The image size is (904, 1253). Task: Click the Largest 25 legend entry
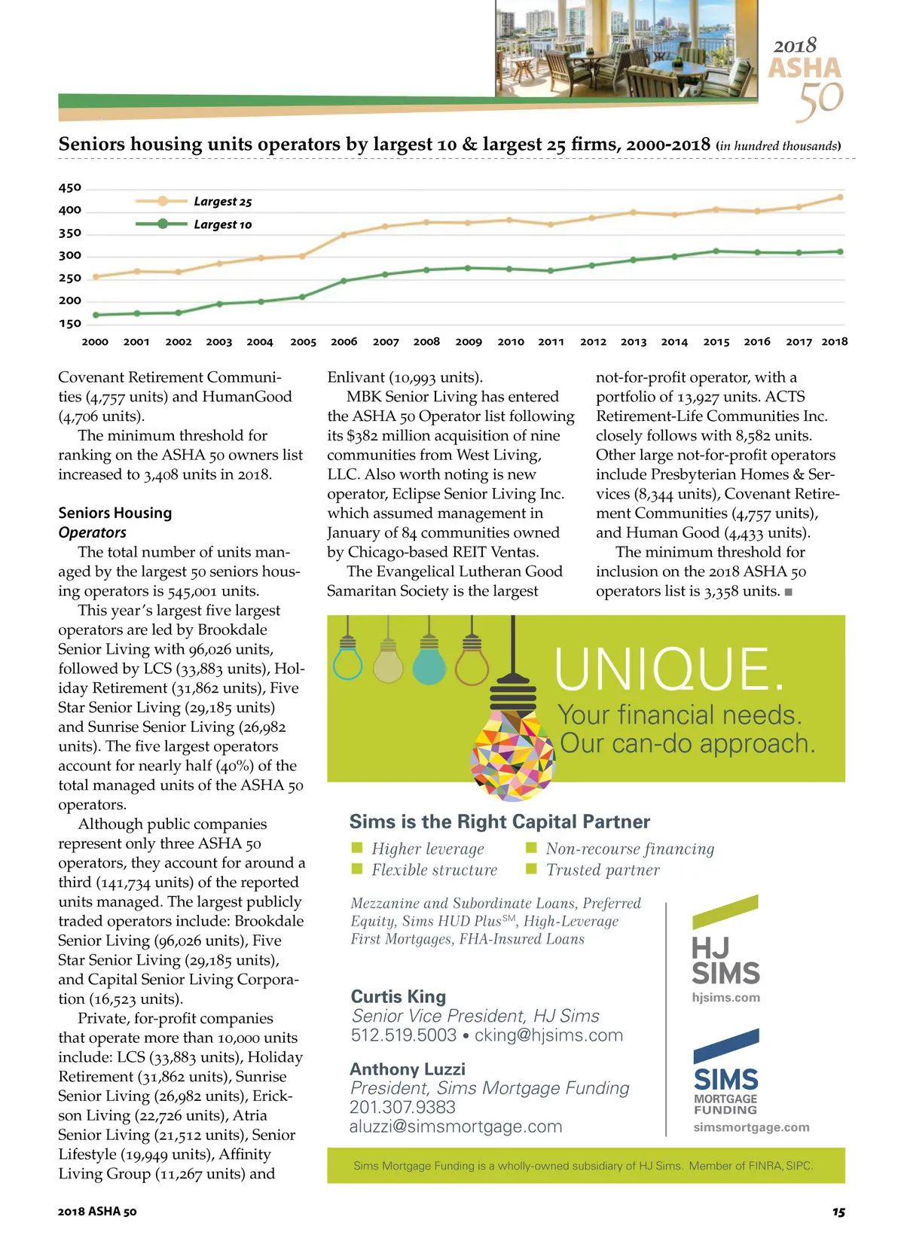(x=222, y=202)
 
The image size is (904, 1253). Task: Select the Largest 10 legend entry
(x=222, y=224)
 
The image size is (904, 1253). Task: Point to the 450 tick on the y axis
(x=70, y=187)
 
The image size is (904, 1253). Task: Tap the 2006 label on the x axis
(x=344, y=342)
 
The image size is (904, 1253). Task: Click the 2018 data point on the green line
(x=840, y=252)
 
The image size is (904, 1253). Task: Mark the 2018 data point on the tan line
(x=840, y=197)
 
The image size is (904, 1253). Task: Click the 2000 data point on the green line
(x=96, y=315)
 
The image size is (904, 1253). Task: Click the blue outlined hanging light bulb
(x=347, y=663)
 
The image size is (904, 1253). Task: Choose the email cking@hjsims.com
(x=548, y=1035)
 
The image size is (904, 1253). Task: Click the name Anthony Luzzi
(x=408, y=1069)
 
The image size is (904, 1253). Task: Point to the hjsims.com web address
(x=725, y=998)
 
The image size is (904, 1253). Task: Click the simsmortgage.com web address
(x=751, y=1127)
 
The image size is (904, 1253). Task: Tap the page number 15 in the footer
(x=838, y=1212)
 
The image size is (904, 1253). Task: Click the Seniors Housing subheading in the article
(x=115, y=513)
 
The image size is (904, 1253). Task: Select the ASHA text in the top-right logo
(x=805, y=69)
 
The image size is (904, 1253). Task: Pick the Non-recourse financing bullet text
(x=630, y=849)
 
